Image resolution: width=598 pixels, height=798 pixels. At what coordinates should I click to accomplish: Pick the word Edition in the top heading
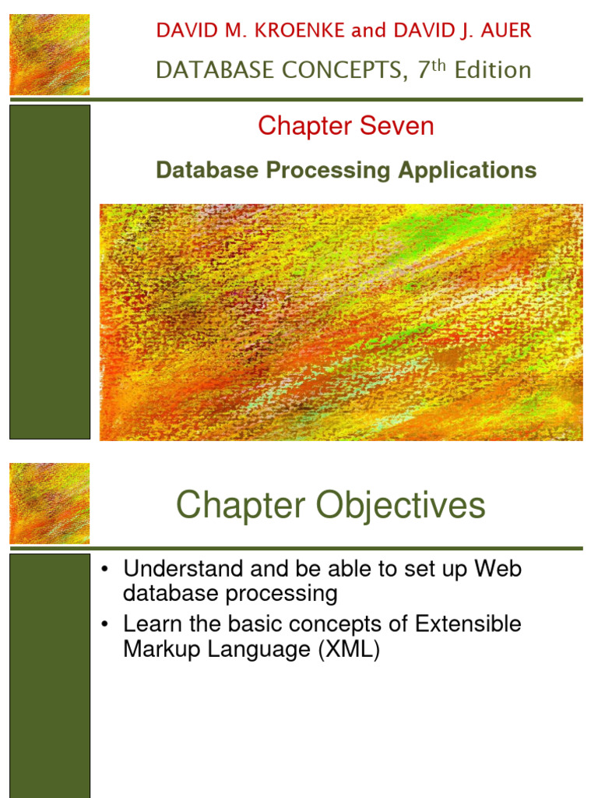[x=493, y=70]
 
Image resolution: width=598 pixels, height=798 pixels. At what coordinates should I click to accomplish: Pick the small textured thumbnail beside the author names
[x=49, y=55]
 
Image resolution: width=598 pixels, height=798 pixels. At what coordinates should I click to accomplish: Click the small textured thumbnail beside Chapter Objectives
[x=49, y=503]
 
